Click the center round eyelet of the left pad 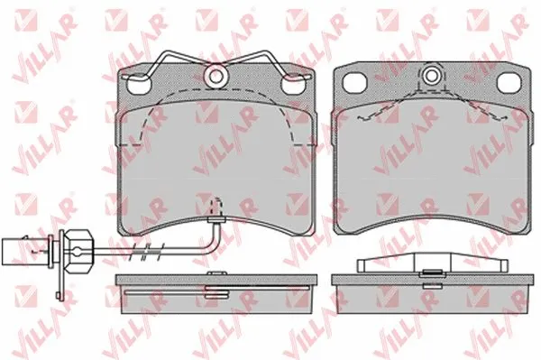click(215, 76)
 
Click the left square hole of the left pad click(139, 85)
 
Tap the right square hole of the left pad click(293, 85)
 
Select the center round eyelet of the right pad click(431, 75)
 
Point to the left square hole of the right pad click(354, 83)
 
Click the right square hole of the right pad click(509, 84)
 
